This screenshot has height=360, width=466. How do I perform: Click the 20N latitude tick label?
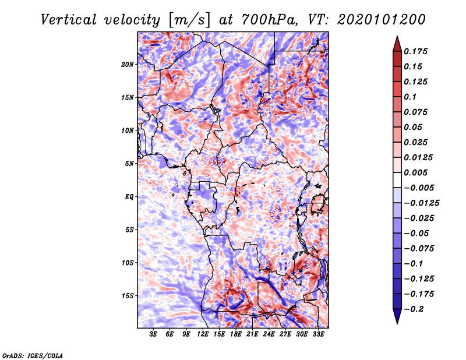(128, 64)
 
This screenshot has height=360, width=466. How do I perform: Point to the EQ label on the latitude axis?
(129, 197)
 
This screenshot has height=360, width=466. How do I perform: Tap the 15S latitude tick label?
(128, 296)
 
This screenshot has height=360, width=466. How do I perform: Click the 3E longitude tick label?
(153, 334)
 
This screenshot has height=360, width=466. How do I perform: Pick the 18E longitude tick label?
(236, 334)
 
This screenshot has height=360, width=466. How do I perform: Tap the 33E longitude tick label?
(319, 334)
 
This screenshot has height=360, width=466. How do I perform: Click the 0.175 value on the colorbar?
(417, 51)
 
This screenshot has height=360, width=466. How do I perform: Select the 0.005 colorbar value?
(417, 172)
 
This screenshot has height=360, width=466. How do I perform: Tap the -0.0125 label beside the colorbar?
(423, 203)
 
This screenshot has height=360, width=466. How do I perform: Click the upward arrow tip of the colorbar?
(396, 38)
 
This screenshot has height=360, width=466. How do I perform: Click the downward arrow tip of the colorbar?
(396, 322)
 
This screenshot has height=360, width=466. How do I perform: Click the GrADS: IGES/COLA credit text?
(32, 355)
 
